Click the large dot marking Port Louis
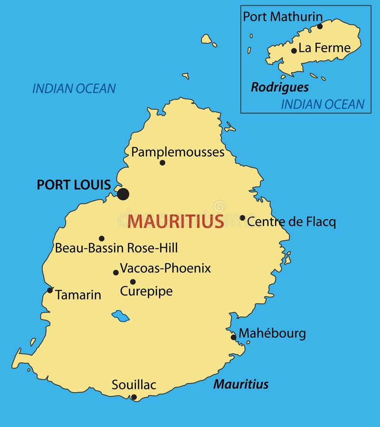tap(123, 194)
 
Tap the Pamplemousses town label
tap(178, 152)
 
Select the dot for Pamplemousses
tap(162, 163)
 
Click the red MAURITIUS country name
tap(176, 221)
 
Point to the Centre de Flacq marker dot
tap(242, 218)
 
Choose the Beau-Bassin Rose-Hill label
tap(116, 248)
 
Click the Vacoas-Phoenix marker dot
tap(115, 272)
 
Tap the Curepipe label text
tap(146, 291)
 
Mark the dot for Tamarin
tap(50, 290)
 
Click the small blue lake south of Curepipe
tap(121, 316)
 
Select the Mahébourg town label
tap(272, 333)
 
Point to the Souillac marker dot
tap(134, 397)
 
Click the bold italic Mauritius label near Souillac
tap(241, 384)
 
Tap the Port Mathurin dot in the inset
tap(320, 26)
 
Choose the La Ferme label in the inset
tap(324, 48)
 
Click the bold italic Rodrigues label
tap(280, 87)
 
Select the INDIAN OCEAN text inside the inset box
tap(323, 104)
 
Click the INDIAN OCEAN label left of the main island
tap(74, 88)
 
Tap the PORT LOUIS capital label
tap(74, 185)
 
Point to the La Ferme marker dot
tap(294, 50)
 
